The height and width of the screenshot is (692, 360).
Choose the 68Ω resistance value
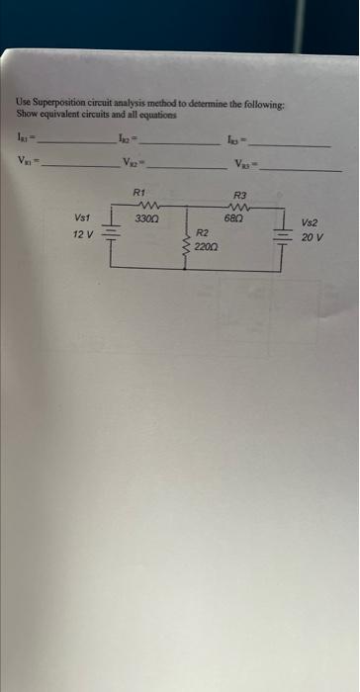pyautogui.click(x=234, y=216)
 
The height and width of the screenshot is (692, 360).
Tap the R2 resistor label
pyautogui.click(x=201, y=233)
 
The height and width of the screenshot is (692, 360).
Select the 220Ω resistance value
pyautogui.click(x=205, y=245)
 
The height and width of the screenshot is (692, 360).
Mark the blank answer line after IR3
pyautogui.click(x=291, y=145)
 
